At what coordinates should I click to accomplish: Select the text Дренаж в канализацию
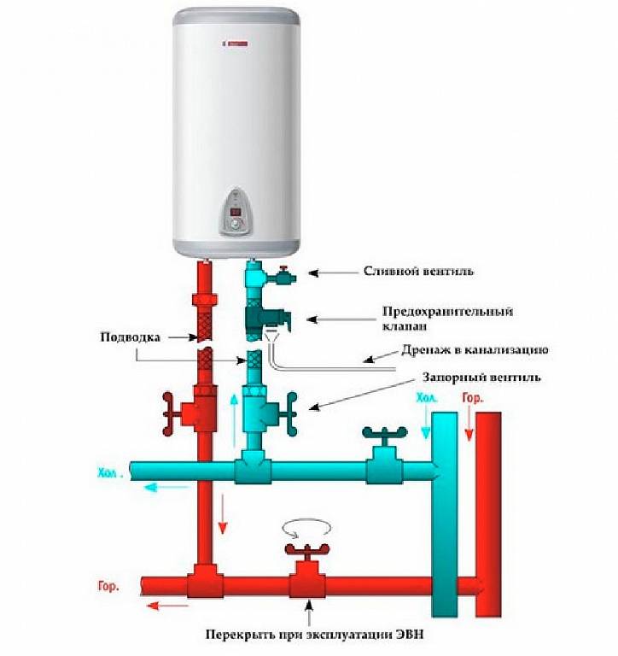tap(475, 350)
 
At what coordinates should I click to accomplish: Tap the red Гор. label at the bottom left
tap(103, 587)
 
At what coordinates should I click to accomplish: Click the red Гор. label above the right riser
tap(472, 398)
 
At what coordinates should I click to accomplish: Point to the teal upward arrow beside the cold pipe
tap(236, 419)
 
